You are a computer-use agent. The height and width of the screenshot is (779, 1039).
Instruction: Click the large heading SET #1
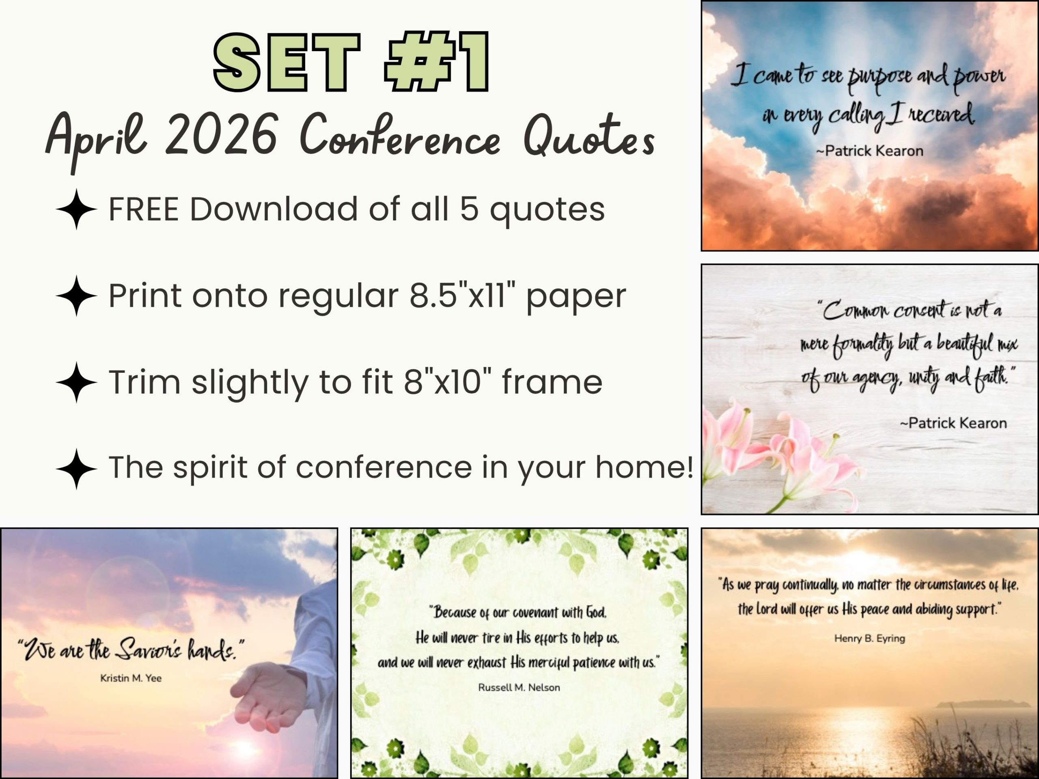point(351,62)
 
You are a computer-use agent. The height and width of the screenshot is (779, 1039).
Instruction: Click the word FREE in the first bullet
point(144,209)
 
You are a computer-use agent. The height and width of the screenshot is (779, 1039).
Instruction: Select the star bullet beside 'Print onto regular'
point(76,296)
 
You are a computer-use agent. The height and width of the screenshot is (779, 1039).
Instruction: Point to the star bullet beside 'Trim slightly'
point(76,383)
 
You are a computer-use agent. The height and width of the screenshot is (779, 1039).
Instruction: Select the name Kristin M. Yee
point(131,678)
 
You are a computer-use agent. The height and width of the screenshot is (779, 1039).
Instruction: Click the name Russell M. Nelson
point(519,687)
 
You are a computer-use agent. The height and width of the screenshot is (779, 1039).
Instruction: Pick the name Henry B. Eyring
point(869,639)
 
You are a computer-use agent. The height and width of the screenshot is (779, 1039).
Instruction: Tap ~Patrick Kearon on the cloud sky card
point(869,151)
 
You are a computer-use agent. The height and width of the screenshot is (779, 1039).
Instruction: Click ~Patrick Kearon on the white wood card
point(953,423)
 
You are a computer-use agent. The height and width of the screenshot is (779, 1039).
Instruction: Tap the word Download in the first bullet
point(274,209)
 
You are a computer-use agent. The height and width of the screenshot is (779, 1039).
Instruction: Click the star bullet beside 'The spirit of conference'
point(76,469)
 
